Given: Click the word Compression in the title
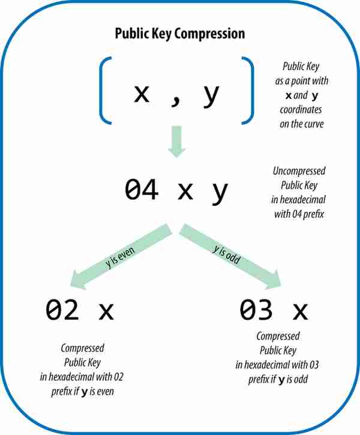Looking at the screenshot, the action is pyautogui.click(x=209, y=34).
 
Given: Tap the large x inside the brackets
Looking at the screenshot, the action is pyautogui.click(x=142, y=94).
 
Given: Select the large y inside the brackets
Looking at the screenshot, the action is pyautogui.click(x=211, y=96).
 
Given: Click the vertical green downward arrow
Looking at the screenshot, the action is pyautogui.click(x=176, y=142).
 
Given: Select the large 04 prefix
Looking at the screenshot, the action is pyautogui.click(x=142, y=189).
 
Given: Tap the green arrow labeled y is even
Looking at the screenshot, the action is pyautogui.click(x=121, y=257).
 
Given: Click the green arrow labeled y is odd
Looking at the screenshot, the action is pyautogui.click(x=230, y=257).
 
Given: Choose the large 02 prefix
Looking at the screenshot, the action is pyautogui.click(x=62, y=310).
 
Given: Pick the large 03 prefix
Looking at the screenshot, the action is pyautogui.click(x=256, y=310).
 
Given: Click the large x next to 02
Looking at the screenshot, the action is pyautogui.click(x=106, y=311).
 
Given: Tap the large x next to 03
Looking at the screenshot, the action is pyautogui.click(x=301, y=311).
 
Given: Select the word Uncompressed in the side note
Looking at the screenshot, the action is pyautogui.click(x=299, y=171).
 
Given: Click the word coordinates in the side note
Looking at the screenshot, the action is pyautogui.click(x=301, y=110).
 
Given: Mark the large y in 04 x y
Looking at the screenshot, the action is pyautogui.click(x=220, y=192).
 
